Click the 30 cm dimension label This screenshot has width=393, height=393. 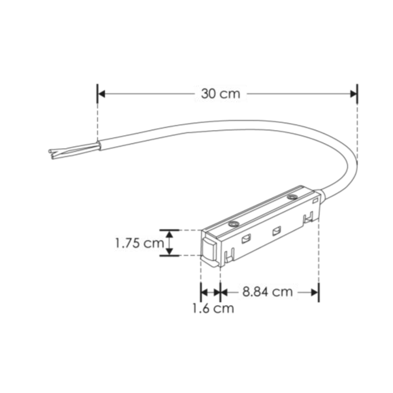(x=220, y=94)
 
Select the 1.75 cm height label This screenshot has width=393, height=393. (x=139, y=244)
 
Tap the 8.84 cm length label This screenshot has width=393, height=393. (x=268, y=292)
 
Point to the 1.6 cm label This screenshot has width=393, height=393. (x=213, y=308)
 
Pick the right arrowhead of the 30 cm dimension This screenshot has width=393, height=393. (x=353, y=94)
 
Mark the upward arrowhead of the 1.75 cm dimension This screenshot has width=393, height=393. (x=169, y=234)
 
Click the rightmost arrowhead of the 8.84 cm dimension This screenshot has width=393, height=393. (x=315, y=292)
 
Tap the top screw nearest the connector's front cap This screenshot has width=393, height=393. (x=234, y=224)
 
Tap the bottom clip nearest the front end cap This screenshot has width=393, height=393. (x=230, y=255)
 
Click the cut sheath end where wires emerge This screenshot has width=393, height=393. (x=98, y=145)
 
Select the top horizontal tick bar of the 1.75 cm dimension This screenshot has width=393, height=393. (x=169, y=230)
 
